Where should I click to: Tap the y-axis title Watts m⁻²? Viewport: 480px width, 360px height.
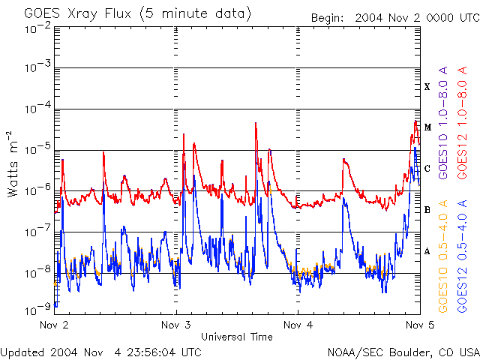[x=13, y=164]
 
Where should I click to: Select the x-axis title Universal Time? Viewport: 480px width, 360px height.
[x=237, y=337]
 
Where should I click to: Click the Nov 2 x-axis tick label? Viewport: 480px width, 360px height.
[x=54, y=325]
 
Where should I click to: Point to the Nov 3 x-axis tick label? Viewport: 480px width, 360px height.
[x=176, y=325]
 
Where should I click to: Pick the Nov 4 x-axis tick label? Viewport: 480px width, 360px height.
[x=298, y=325]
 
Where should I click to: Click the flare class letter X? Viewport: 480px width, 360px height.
[x=427, y=87]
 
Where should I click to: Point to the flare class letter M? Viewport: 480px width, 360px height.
[x=427, y=127]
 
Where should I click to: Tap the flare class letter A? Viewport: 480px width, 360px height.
[x=427, y=251]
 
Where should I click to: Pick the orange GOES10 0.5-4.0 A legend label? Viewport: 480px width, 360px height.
[x=444, y=256]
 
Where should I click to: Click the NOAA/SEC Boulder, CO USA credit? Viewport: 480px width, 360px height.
[x=403, y=351]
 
